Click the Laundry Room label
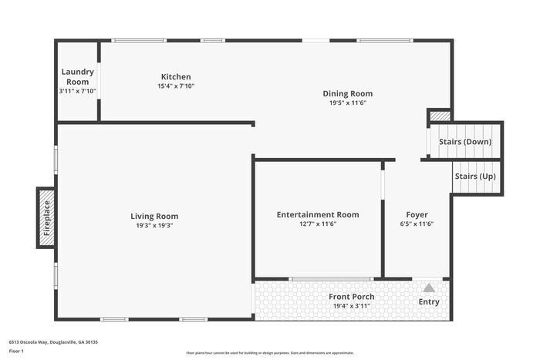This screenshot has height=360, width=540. point(77,77)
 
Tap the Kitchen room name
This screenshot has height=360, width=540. point(176,76)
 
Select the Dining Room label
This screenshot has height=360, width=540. point(348,93)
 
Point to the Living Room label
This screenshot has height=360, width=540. point(154,217)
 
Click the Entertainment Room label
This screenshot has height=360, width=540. point(318,214)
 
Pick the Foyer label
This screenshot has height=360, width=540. point(417,214)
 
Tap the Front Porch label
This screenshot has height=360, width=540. point(352,297)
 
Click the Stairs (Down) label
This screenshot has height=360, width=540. point(465,142)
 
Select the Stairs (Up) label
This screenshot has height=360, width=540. point(475,177)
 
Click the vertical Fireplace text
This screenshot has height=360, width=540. point(46,218)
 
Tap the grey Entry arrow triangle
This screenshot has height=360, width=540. point(429,288)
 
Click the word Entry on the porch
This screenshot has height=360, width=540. point(429,301)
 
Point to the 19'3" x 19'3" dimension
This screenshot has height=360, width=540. point(154,226)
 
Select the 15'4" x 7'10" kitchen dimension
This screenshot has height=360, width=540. point(176,86)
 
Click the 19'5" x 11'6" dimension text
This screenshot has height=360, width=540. point(348,103)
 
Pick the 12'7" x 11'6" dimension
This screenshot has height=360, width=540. point(318,224)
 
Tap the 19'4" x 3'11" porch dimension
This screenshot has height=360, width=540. point(352,306)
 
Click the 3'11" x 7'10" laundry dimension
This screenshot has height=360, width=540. point(77,91)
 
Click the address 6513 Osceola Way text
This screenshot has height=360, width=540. point(54,341)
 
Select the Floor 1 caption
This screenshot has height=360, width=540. point(17,352)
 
